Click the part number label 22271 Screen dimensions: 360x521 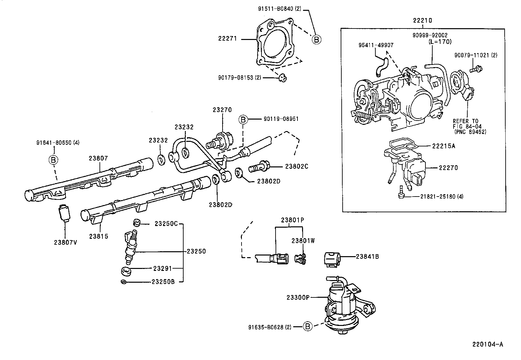click(227, 39)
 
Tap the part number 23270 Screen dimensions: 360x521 click(222, 110)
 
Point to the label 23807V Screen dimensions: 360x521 click(65, 243)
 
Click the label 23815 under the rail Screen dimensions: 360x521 click(99, 236)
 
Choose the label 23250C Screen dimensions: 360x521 click(166, 224)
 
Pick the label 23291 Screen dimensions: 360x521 click(162, 268)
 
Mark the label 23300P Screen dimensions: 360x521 click(298, 297)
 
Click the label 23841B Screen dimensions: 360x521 click(367, 257)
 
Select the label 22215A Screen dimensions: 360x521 click(443, 146)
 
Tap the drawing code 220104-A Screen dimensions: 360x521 click(487, 344)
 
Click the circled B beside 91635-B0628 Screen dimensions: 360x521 click(307, 326)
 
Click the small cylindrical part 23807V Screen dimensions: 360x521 click(64, 213)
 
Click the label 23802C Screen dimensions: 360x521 click(296, 166)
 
